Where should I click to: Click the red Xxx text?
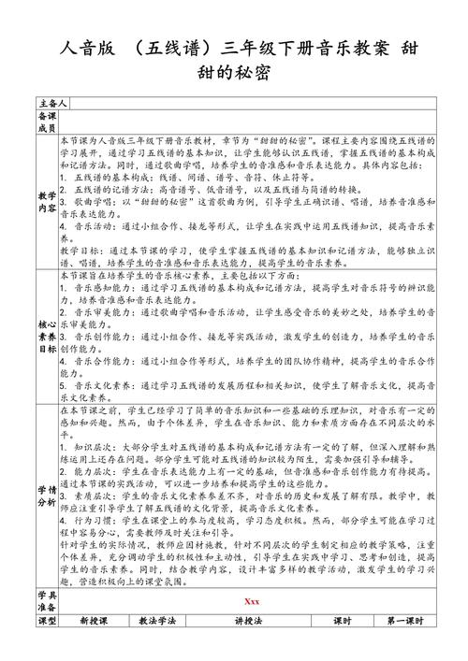point(250,625)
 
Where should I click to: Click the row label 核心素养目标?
point(47,323)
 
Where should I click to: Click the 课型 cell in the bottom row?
point(47,647)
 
